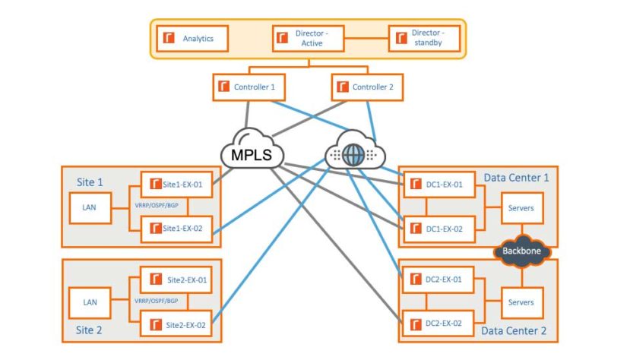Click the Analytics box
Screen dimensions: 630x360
tap(192, 39)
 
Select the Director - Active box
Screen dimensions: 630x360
tap(309, 39)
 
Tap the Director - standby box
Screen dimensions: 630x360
tap(424, 39)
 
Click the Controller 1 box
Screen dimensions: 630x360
tap(249, 87)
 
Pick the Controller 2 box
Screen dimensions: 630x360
tap(367, 87)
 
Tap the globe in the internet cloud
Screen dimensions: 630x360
tap(353, 155)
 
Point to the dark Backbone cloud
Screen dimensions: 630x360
tap(522, 251)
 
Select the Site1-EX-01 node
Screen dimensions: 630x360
tap(177, 185)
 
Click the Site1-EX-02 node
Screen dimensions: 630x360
tap(177, 229)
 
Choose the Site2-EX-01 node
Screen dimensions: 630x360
tap(176, 279)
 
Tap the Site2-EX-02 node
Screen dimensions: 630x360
tap(176, 324)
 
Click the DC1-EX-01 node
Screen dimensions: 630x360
tap(439, 185)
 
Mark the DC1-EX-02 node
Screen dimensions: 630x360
tap(439, 229)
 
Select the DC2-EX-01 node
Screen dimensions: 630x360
tap(438, 279)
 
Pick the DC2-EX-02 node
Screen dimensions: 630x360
tap(438, 323)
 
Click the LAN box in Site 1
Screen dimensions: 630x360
tap(90, 208)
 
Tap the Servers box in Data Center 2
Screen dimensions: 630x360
tap(522, 302)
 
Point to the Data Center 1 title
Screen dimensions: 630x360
tap(516, 178)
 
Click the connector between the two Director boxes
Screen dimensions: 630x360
tap(366, 39)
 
